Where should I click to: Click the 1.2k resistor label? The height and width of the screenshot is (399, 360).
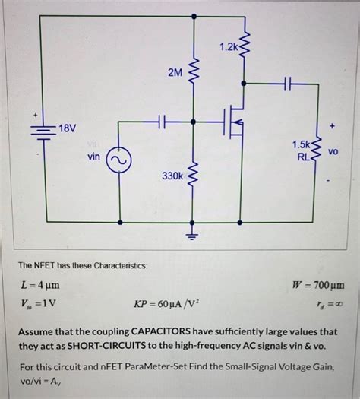coord(229,48)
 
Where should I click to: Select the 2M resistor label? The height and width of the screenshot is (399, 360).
coord(175,73)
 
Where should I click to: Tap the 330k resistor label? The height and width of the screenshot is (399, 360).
coord(172,176)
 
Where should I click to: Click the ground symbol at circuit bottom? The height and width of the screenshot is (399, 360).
coord(194,233)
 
